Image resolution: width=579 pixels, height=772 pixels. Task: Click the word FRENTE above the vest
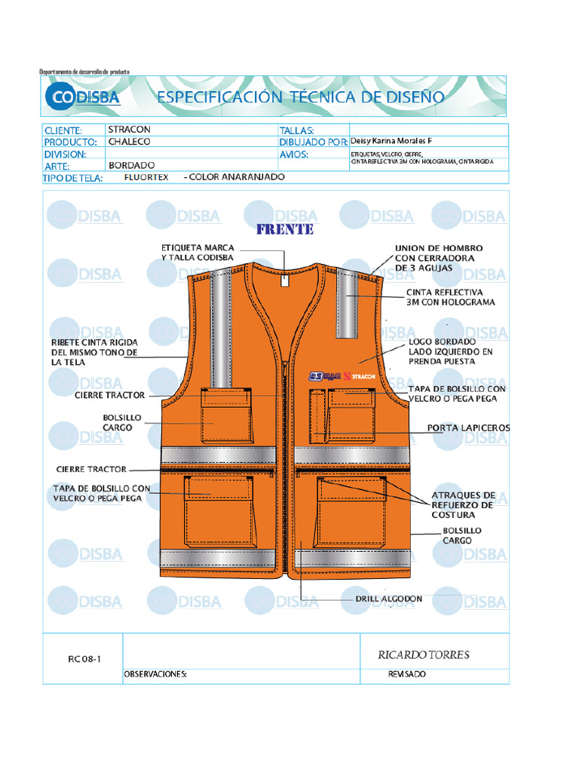pos(285,229)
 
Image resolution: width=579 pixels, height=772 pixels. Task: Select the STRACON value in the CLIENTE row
pos(129,130)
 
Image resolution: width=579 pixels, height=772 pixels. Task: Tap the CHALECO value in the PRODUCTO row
pos(129,141)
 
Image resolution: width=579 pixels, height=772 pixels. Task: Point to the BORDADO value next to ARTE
pos(131,164)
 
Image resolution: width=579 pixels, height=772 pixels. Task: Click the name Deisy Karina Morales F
pos(391,141)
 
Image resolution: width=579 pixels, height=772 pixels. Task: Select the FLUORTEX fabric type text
pos(146,177)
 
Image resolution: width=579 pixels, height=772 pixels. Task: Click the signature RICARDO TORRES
pos(423,654)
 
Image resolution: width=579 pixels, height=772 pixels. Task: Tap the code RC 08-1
pos(84,659)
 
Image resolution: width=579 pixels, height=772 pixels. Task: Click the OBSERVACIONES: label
pos(155,675)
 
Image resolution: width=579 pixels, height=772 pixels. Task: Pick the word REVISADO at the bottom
pos(406,674)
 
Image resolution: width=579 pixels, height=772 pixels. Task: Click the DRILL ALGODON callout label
pos(388,599)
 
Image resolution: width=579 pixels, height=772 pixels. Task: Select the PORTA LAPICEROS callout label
pos(468,427)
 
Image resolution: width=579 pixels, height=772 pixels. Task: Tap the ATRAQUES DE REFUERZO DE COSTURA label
pos(463,505)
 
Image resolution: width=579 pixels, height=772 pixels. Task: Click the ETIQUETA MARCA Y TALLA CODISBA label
pos(198,253)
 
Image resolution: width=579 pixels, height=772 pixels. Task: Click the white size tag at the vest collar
pos(284,280)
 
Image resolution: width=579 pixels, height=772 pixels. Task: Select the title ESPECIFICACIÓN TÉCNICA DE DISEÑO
pos(300,96)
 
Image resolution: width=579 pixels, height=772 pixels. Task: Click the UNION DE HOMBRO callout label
pos(439,258)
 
